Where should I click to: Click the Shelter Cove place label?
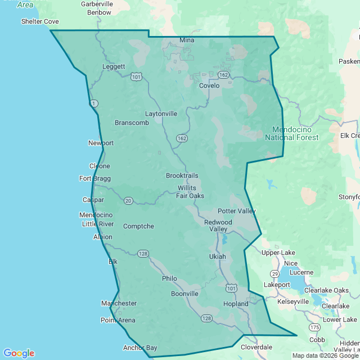(x=39, y=21)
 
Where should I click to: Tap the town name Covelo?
(x=209, y=86)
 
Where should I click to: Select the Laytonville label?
(x=161, y=114)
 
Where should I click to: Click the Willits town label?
(x=187, y=187)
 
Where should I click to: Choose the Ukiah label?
(x=217, y=256)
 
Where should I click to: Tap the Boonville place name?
(x=184, y=294)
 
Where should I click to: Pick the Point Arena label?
(x=118, y=320)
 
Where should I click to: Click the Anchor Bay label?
(x=140, y=348)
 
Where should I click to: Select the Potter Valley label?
(x=237, y=211)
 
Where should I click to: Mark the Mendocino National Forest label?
(x=291, y=133)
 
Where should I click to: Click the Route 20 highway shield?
(x=128, y=201)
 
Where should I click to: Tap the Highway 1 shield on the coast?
(x=94, y=103)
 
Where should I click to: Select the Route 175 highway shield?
(x=314, y=327)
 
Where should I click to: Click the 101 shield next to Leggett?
(x=136, y=76)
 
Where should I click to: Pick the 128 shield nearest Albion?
(x=143, y=254)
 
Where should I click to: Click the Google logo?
(x=19, y=353)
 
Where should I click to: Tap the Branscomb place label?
(x=132, y=123)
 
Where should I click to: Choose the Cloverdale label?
(x=256, y=347)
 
